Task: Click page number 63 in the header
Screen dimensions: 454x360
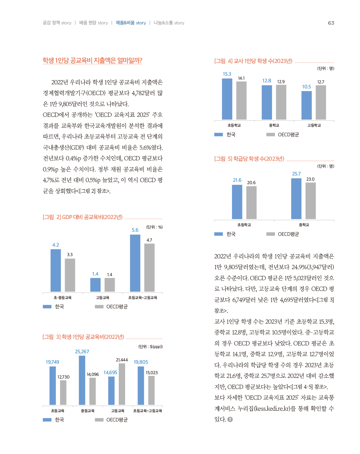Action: (331, 23)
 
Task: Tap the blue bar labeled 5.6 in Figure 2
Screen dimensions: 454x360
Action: (135, 263)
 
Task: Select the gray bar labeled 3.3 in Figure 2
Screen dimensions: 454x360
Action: (70, 275)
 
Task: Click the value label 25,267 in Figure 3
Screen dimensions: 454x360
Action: (82, 352)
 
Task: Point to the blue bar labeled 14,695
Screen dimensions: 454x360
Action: (111, 390)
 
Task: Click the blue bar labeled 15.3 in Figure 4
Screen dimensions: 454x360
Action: (227, 99)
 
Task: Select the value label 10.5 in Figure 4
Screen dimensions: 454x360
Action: (306, 87)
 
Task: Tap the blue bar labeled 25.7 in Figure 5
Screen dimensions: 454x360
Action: (296, 199)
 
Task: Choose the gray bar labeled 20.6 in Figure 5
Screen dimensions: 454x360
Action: (251, 202)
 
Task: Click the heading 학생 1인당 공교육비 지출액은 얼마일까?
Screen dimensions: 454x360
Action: (92, 60)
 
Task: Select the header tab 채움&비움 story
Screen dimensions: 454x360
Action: (131, 23)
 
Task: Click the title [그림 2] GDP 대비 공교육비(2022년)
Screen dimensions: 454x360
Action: (83, 217)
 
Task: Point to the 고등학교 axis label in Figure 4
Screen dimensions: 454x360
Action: (314, 125)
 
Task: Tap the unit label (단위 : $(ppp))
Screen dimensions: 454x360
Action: (150, 347)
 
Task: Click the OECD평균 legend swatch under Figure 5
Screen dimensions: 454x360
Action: (271, 234)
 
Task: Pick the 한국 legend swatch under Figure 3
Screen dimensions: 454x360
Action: (47, 420)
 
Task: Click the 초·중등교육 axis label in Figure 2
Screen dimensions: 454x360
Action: (62, 298)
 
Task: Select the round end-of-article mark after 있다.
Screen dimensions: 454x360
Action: (230, 419)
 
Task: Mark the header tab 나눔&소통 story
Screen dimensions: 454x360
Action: (169, 23)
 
